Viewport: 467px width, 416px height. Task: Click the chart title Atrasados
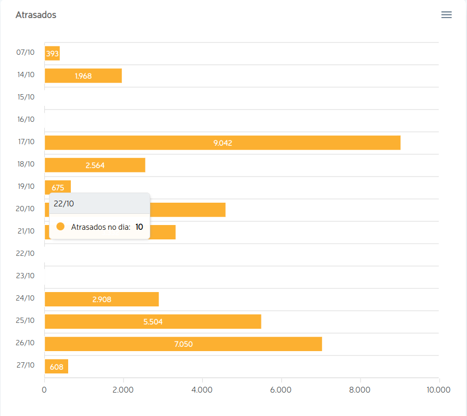tap(36, 15)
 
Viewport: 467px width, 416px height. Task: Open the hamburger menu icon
tap(446, 15)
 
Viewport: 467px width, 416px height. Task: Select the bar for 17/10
tap(222, 143)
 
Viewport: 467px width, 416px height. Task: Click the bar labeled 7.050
tap(183, 344)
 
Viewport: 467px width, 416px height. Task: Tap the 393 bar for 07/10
tap(52, 53)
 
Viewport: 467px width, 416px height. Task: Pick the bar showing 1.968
tap(83, 76)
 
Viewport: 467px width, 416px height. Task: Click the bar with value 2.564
tap(95, 165)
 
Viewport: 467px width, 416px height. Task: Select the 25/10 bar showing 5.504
tap(153, 321)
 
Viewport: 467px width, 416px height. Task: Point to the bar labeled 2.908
tap(102, 299)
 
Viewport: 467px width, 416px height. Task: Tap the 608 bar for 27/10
tap(56, 366)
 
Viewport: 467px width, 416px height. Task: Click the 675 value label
tap(58, 187)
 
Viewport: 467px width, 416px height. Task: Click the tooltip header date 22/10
tap(64, 203)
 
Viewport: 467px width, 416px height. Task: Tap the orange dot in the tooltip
tap(60, 227)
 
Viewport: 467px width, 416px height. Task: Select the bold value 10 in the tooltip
tap(139, 227)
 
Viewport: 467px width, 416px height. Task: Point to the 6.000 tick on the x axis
tap(281, 390)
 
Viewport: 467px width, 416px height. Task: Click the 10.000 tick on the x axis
tap(438, 390)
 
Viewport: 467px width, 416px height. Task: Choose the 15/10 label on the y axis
tap(26, 97)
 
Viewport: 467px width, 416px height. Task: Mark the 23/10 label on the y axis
tap(26, 276)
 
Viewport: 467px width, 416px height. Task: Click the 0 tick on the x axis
tap(44, 390)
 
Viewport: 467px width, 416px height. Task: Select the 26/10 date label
tap(26, 343)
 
